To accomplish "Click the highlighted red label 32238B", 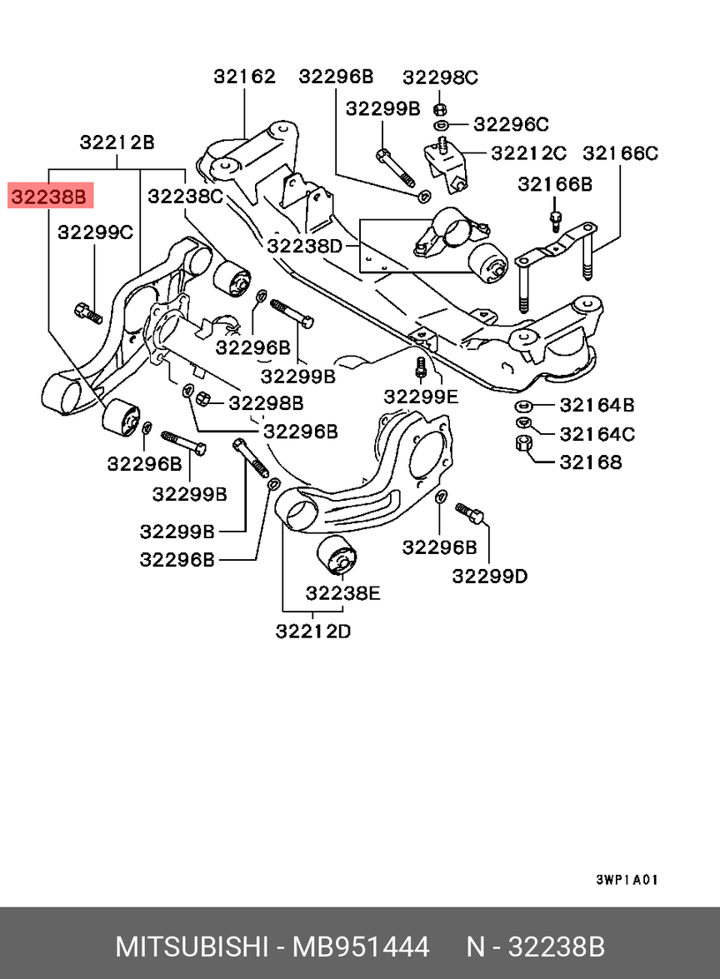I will tap(48, 197).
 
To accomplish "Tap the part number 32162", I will tap(244, 77).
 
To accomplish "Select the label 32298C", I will tap(440, 77).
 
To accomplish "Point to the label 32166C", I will tap(620, 153).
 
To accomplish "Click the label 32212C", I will tap(528, 153).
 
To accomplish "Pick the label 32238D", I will tap(305, 246).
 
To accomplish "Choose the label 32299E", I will tap(422, 397).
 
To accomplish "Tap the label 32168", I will tap(590, 462).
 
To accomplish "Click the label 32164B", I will tap(597, 406).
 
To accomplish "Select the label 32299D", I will tap(490, 576).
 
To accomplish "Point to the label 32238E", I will tap(343, 593).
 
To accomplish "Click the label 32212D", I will tap(313, 632).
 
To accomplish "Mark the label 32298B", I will tap(266, 403).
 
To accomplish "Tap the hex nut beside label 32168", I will tap(523, 445).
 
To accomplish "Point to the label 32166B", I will tap(555, 184).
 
